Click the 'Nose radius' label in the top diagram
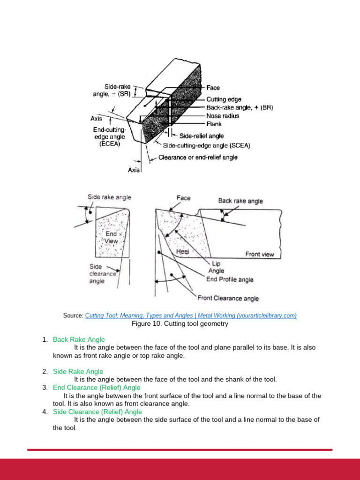pyautogui.click(x=223, y=116)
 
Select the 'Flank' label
pyautogui.click(x=214, y=124)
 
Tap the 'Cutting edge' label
pyautogui.click(x=224, y=99)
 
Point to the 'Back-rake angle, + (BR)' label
pyautogui.click(x=240, y=107)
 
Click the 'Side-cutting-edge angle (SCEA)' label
pyautogui.click(x=206, y=146)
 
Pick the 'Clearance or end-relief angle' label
pyautogui.click(x=198, y=157)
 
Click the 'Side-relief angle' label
pyautogui.click(x=202, y=136)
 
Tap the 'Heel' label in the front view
pyautogui.click(x=182, y=252)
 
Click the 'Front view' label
pyautogui.click(x=260, y=255)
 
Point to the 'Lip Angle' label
pyautogui.click(x=216, y=267)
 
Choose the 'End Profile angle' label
pyautogui.click(x=230, y=279)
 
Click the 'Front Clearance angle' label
pyautogui.click(x=228, y=298)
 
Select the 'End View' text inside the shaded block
pyautogui.click(x=112, y=237)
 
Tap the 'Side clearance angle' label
pyautogui.click(x=102, y=274)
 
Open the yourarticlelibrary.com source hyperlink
pyautogui.click(x=191, y=315)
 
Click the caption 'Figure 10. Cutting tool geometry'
pyautogui.click(x=180, y=324)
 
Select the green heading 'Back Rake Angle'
pyautogui.click(x=79, y=339)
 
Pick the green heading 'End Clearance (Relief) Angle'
pyautogui.click(x=97, y=388)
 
